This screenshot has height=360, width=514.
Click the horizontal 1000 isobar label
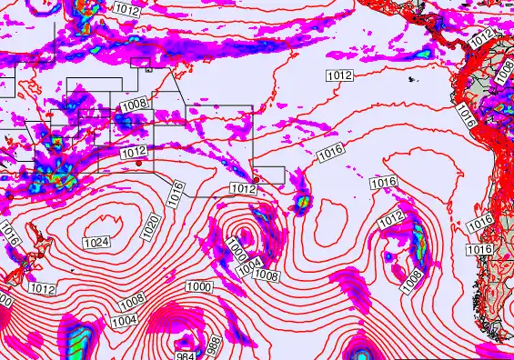pyautogui.click(x=198, y=286)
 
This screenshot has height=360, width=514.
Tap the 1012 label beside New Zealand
pyautogui.click(x=43, y=288)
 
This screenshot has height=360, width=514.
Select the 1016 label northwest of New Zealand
pyautogui.click(x=11, y=234)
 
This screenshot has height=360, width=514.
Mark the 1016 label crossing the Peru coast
pyautogui.click(x=466, y=115)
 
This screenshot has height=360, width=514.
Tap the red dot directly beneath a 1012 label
pyautogui.click(x=137, y=165)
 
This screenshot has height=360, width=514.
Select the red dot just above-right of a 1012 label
pyautogui.click(x=257, y=179)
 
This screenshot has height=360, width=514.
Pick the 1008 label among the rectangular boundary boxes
pyautogui.click(x=134, y=105)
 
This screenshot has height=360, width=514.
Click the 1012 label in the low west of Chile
pyautogui.click(x=391, y=218)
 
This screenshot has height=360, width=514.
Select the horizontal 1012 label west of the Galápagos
pyautogui.click(x=339, y=75)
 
